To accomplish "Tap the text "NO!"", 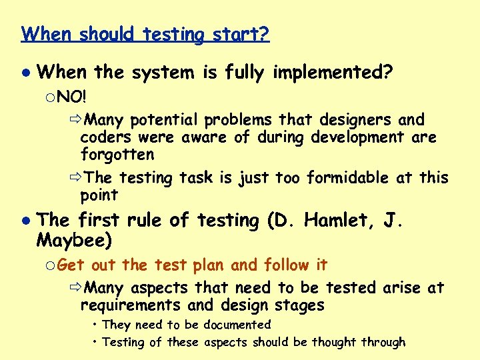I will [x=72, y=97].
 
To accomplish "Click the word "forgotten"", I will [x=117, y=155].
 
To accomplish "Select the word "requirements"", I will [x=129, y=305].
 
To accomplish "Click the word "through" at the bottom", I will [x=383, y=342].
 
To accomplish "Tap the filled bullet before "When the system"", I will [x=25, y=71].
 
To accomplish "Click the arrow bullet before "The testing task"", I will [x=75, y=178].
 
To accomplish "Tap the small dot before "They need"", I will [x=96, y=325].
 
